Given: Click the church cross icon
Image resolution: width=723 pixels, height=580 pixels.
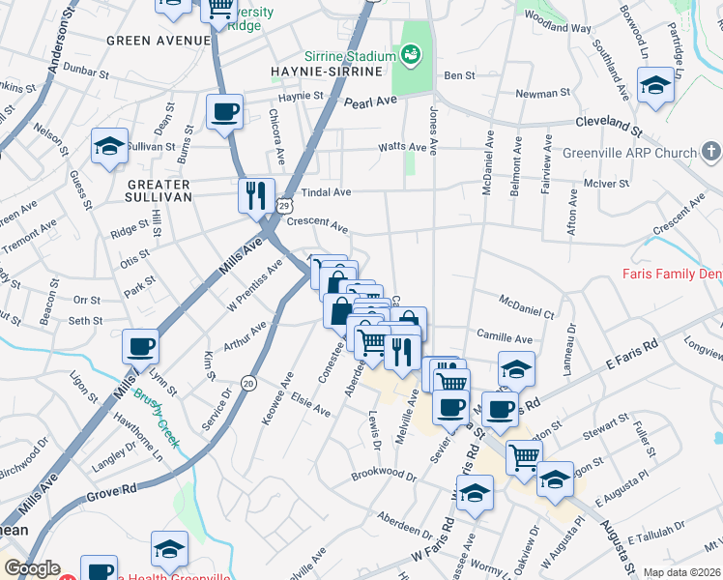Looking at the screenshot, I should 710,152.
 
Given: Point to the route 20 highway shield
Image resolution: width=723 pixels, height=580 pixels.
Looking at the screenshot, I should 247,383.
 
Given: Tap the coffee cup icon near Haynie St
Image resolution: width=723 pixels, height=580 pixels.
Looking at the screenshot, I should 224,111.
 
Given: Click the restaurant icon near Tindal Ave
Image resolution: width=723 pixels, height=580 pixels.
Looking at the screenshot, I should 256,195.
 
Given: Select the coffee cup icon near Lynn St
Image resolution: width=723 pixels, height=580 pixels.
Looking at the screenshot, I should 140,346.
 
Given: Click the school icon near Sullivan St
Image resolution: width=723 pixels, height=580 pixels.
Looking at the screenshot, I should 109,147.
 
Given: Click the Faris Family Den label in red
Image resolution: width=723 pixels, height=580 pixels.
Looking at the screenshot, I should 673,275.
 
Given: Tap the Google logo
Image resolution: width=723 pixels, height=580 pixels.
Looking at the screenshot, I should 32,568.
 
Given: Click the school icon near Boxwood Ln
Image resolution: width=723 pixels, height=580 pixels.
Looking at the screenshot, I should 655,85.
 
